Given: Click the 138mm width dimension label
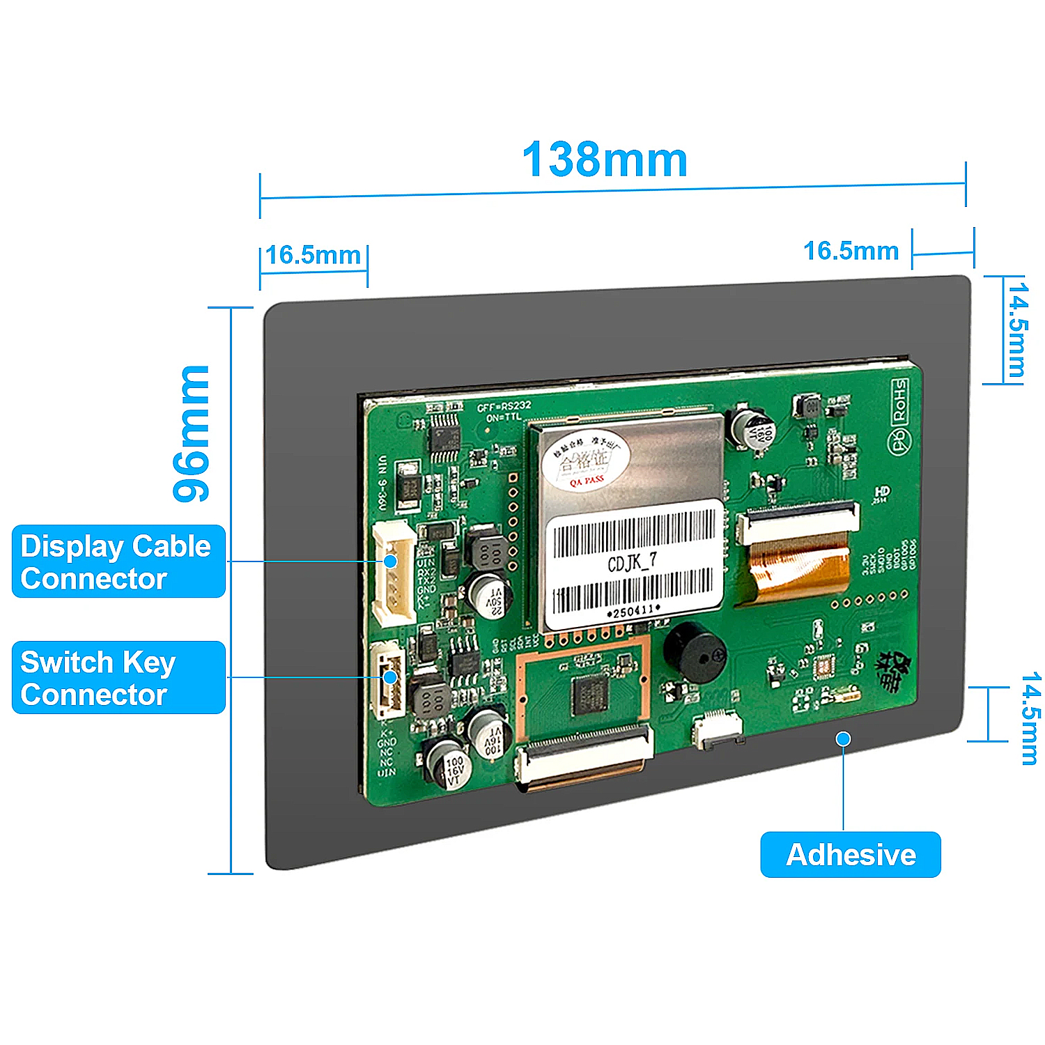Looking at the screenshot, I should pyautogui.click(x=605, y=160).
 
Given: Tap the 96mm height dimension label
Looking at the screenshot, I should pyautogui.click(x=192, y=433).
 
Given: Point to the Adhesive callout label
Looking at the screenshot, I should pyautogui.click(x=851, y=854).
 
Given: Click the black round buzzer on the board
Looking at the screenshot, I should pyautogui.click(x=694, y=652).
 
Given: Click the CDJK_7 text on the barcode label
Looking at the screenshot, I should pyautogui.click(x=632, y=562).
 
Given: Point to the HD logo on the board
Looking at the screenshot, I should pyautogui.click(x=882, y=493).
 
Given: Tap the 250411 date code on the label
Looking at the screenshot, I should pyautogui.click(x=633, y=612).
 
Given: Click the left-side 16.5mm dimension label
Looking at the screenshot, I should pyautogui.click(x=313, y=255).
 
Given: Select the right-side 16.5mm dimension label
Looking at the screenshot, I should pyautogui.click(x=851, y=251).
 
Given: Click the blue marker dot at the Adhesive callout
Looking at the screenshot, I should pyautogui.click(x=844, y=738).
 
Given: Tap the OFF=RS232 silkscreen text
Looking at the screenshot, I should pyautogui.click(x=504, y=405).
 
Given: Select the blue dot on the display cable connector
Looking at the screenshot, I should pyautogui.click(x=391, y=561).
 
